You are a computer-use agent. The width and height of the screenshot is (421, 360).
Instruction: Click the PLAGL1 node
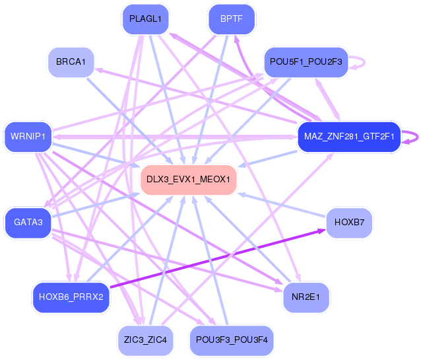145,19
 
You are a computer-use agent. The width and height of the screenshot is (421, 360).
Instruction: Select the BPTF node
232,19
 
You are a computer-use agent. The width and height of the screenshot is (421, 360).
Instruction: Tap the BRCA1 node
71,62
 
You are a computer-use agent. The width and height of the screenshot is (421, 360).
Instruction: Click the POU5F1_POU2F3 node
306,62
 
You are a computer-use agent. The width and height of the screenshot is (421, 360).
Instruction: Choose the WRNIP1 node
28,137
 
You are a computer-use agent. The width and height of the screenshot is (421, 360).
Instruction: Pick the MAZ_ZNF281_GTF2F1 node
349,137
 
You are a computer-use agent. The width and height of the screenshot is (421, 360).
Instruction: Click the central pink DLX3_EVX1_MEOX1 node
189,179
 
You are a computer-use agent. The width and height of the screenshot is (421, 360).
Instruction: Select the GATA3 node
28,223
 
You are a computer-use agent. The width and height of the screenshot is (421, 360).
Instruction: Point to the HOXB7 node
349,223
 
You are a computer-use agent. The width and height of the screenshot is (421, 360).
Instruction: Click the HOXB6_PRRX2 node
71,297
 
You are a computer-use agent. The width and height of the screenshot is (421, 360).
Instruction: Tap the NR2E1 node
306,297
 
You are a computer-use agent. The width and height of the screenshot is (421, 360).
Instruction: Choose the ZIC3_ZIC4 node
145,340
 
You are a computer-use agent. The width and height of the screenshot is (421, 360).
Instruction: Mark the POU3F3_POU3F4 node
232,340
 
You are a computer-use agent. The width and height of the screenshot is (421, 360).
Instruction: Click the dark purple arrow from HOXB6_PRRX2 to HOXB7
218,258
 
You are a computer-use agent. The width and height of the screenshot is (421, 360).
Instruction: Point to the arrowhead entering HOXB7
321,231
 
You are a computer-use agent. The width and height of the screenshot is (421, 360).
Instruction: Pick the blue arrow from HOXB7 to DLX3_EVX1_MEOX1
282,205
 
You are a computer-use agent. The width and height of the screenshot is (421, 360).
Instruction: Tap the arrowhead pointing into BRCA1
99,71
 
